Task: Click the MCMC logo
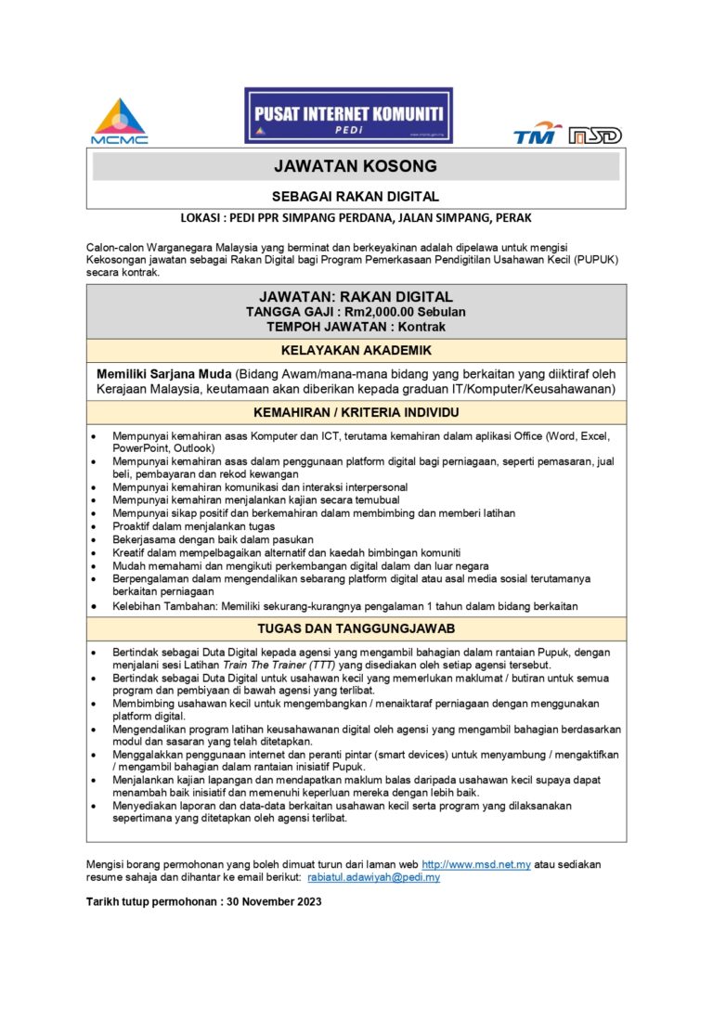coord(119,121)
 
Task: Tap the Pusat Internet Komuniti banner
coord(348,115)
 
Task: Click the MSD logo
coord(595,136)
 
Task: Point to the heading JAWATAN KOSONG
coord(356,166)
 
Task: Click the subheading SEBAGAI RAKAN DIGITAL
coord(356,197)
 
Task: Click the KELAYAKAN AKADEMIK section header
coord(356,351)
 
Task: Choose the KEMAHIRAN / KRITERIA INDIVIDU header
coord(356,412)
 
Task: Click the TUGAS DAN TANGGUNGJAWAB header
coord(356,628)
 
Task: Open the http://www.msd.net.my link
coord(476,864)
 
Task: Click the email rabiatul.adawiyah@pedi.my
coord(373,877)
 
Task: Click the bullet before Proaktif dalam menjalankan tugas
coord(95,526)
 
